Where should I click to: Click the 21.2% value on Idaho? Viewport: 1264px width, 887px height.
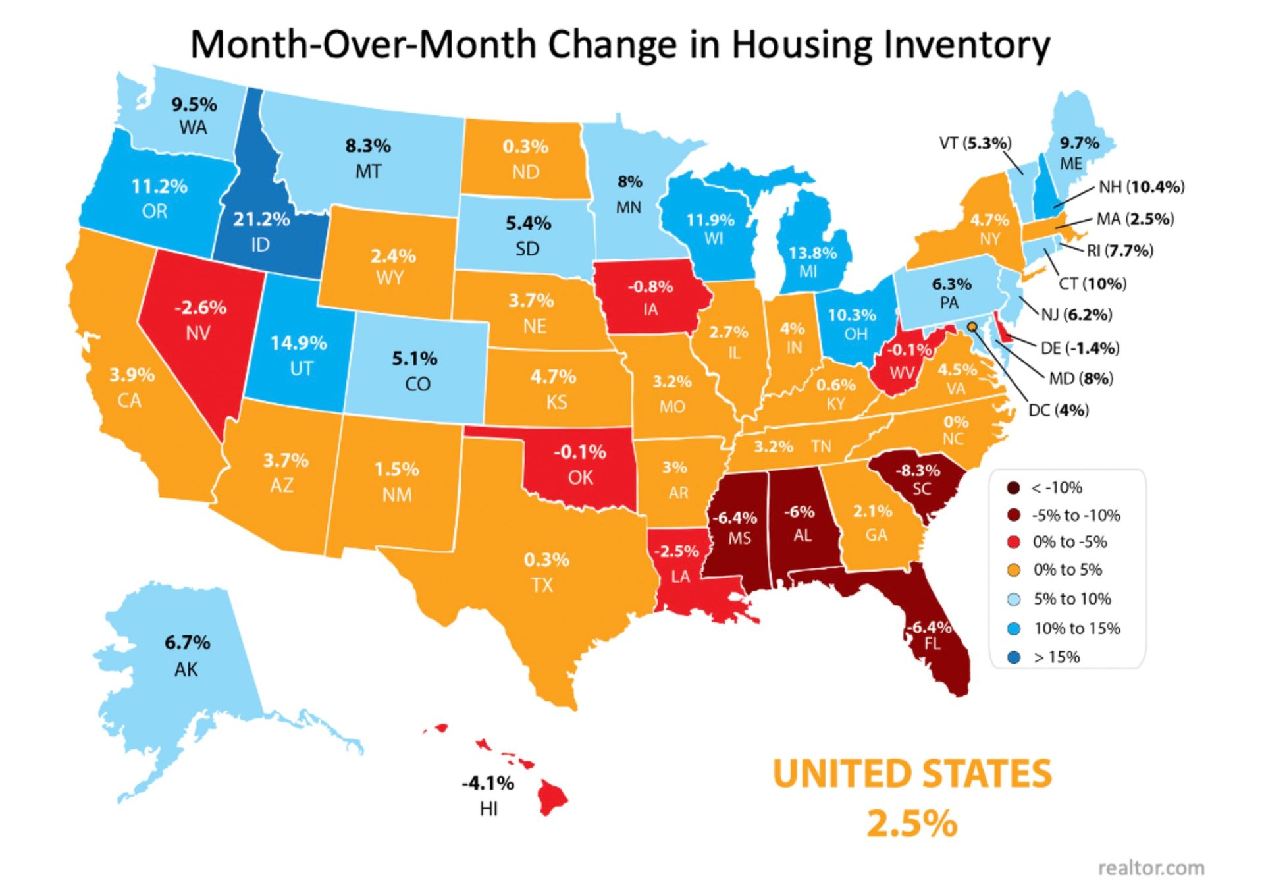pos(261,219)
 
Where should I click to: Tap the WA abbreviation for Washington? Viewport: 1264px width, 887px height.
pos(193,127)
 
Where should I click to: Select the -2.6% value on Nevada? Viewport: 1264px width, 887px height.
pos(200,308)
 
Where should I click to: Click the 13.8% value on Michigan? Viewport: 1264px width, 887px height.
pos(812,253)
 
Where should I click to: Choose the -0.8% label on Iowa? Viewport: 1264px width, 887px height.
pos(650,286)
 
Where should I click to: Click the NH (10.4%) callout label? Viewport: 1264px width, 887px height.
pos(1142,187)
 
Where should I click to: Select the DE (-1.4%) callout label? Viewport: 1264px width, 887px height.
pos(1080,348)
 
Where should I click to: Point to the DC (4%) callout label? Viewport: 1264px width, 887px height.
pos(1059,410)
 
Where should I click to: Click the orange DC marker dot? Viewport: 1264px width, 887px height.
pos(972,326)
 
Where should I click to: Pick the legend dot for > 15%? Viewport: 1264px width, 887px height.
pos(1014,657)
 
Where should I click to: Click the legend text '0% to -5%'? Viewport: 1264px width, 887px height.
pos(1070,542)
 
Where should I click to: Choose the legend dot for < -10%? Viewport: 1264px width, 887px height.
pos(1014,488)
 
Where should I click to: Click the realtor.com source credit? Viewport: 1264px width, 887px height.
pos(1151,868)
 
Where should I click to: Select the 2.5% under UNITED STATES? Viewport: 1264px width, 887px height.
pos(912,823)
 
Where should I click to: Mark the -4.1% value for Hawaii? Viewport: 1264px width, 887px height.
pos(488,783)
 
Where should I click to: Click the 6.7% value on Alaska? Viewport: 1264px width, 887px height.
pos(187,642)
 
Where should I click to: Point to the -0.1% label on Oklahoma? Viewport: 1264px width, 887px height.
pos(579,452)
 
